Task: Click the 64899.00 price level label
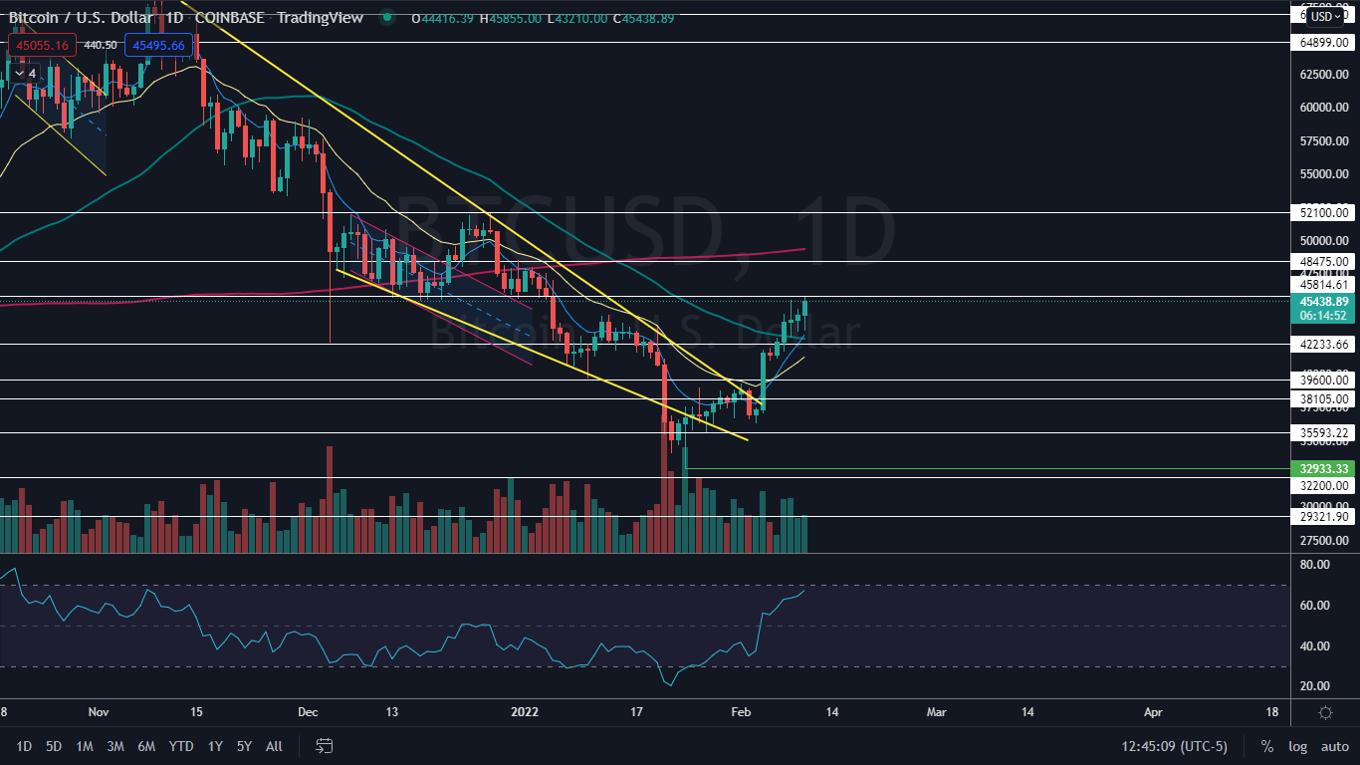pyautogui.click(x=1324, y=43)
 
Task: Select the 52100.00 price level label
pyautogui.click(x=1324, y=212)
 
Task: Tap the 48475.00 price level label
pyautogui.click(x=1324, y=261)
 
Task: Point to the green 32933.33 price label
pyautogui.click(x=1324, y=468)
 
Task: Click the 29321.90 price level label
pyautogui.click(x=1324, y=517)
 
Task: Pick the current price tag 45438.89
pyautogui.click(x=1324, y=301)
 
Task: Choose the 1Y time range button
pyautogui.click(x=215, y=746)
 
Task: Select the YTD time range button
pyautogui.click(x=181, y=746)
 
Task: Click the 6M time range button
pyautogui.click(x=146, y=746)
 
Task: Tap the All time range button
pyautogui.click(x=274, y=746)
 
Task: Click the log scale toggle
pyautogui.click(x=1297, y=746)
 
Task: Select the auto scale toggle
pyautogui.click(x=1334, y=746)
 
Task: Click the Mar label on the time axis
pyautogui.click(x=935, y=712)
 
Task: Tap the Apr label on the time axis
pyautogui.click(x=1153, y=712)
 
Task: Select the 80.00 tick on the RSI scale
pyautogui.click(x=1314, y=565)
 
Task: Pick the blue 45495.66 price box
pyautogui.click(x=158, y=45)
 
